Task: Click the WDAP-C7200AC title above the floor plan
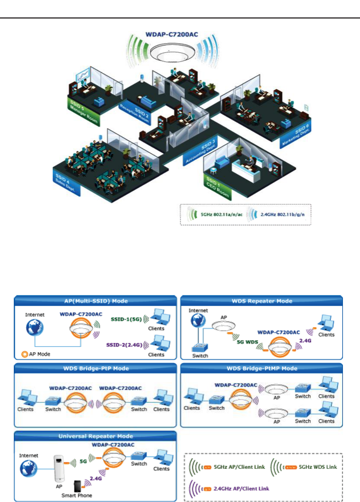(x=171, y=34)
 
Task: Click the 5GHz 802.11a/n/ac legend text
(x=222, y=215)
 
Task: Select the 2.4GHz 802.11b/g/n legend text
(x=282, y=215)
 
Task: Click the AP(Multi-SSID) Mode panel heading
(x=96, y=301)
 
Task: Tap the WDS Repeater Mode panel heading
(x=262, y=301)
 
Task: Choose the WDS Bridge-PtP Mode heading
(x=96, y=368)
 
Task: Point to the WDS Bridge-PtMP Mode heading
(x=262, y=368)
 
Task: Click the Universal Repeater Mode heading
(x=96, y=436)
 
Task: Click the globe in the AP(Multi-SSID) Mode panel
(x=35, y=328)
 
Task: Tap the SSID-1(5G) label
(x=126, y=319)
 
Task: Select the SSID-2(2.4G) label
(x=124, y=345)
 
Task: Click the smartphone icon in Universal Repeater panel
(x=77, y=486)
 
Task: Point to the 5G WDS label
(x=247, y=342)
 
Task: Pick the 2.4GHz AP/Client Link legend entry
(x=241, y=489)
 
